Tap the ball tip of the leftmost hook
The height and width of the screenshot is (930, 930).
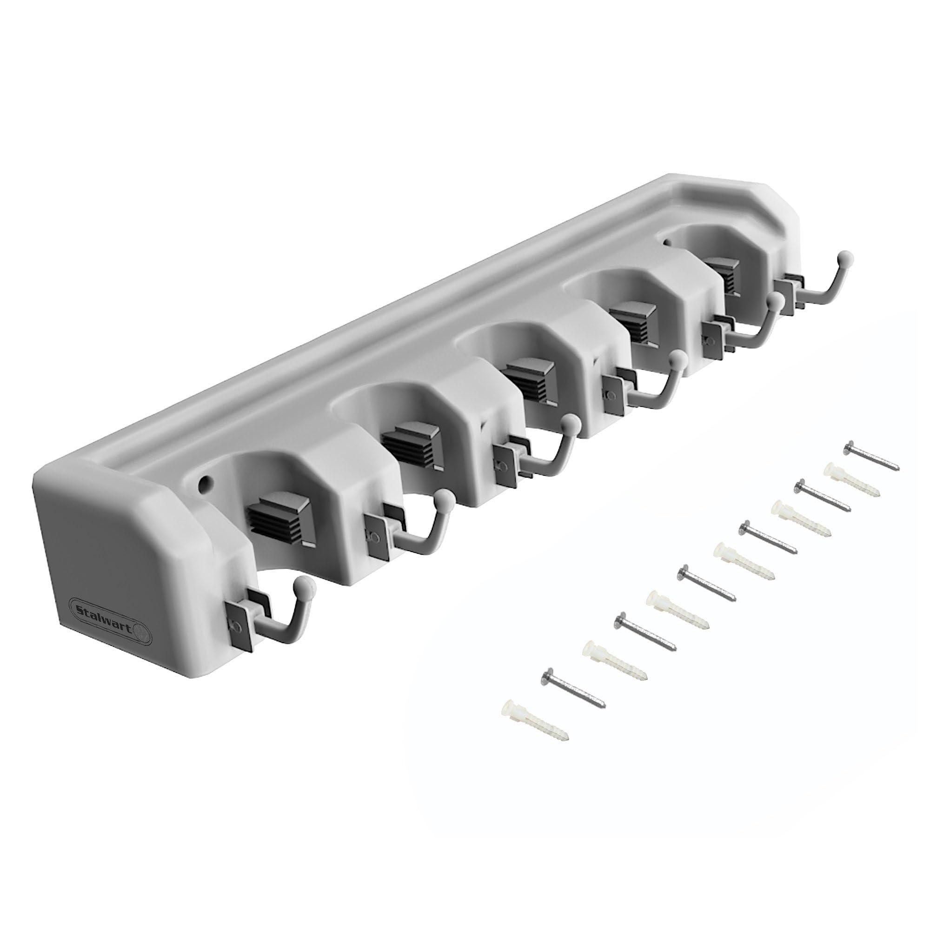pyautogui.click(x=309, y=587)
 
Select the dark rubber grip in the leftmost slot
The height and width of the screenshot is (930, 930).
pyautogui.click(x=278, y=521)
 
